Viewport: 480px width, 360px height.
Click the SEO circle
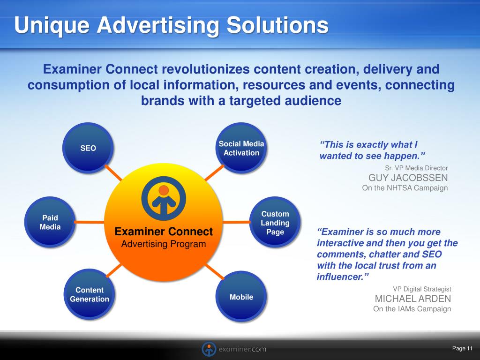click(x=88, y=148)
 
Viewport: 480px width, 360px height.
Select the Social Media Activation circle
click(x=241, y=148)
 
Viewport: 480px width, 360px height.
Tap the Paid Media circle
click(x=50, y=222)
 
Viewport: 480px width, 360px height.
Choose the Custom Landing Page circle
click(x=275, y=222)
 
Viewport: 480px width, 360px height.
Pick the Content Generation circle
click(x=90, y=294)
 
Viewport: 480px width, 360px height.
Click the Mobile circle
click(x=241, y=297)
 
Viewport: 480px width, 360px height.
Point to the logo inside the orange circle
click(x=164, y=198)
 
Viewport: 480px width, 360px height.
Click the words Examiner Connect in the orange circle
click(x=164, y=232)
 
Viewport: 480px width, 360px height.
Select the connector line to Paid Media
click(x=90, y=222)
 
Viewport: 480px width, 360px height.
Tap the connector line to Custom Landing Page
click(x=236, y=222)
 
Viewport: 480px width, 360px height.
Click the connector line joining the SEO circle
click(x=113, y=172)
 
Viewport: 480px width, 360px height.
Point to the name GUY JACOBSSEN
click(x=408, y=178)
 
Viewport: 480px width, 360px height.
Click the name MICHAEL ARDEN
click(x=413, y=299)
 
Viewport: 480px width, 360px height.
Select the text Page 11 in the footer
click(x=462, y=348)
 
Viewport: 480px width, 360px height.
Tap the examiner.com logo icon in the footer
click(x=209, y=349)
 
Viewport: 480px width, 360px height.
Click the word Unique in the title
click(x=52, y=25)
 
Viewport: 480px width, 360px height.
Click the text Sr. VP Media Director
click(x=416, y=168)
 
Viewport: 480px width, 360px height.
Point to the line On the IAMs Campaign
click(x=412, y=308)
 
